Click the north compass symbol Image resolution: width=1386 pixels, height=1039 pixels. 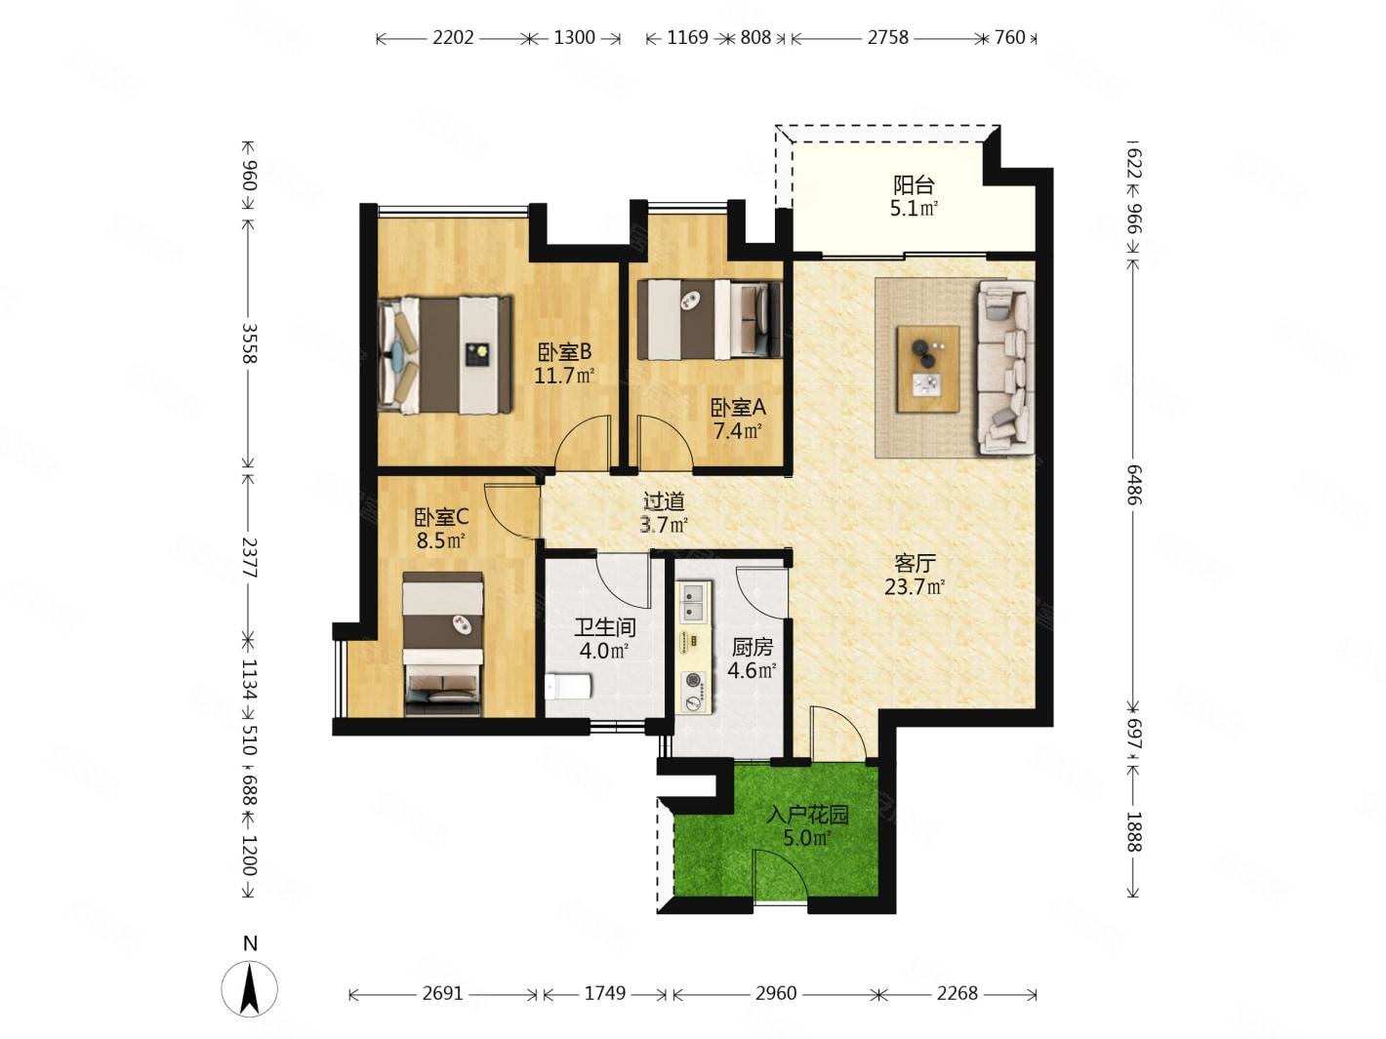click(250, 988)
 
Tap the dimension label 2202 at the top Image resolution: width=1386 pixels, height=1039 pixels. click(453, 38)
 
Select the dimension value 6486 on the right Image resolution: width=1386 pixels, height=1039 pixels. click(1134, 485)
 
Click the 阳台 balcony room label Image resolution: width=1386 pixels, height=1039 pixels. click(914, 184)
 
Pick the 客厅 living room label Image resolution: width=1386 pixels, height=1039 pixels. click(915, 563)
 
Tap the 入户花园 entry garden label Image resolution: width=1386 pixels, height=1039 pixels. click(807, 815)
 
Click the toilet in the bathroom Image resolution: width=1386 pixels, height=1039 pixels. click(568, 687)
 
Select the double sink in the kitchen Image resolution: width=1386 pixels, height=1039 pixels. click(693, 601)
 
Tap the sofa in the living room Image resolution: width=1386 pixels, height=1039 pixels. click(1005, 368)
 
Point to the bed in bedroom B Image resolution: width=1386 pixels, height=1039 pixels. click(444, 355)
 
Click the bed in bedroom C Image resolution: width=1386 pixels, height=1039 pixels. click(443, 644)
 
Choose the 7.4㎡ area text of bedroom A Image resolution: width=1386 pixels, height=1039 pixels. click(738, 431)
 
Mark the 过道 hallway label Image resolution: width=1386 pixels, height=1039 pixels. click(664, 501)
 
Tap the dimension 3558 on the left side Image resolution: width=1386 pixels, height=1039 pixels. click(250, 343)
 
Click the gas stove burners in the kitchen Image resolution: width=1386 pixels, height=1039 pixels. click(693, 690)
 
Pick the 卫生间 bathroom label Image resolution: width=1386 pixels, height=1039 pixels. click(604, 627)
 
